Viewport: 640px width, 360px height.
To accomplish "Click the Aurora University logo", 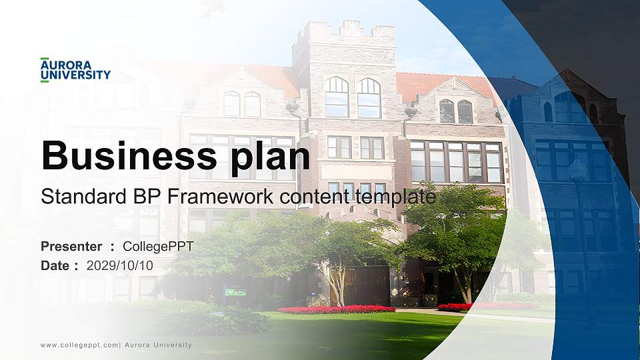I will click(x=75, y=70).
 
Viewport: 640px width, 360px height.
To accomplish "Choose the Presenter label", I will click(x=71, y=247).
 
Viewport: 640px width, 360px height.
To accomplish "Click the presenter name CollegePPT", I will click(x=158, y=247).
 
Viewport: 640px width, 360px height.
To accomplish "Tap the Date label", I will click(x=55, y=265).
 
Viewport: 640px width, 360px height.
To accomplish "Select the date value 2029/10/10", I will click(x=120, y=265).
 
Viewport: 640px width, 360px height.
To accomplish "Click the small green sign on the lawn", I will click(x=235, y=291).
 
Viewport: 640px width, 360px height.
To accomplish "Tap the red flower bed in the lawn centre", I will click(x=336, y=309).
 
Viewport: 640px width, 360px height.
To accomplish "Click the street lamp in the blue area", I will click(x=577, y=170).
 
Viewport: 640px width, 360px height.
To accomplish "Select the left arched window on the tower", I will click(x=337, y=97).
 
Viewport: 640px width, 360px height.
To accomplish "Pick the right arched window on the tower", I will click(x=369, y=97).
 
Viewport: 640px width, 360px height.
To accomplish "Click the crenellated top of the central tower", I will click(x=343, y=30).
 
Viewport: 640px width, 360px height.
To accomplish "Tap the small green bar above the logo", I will click(x=45, y=59).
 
